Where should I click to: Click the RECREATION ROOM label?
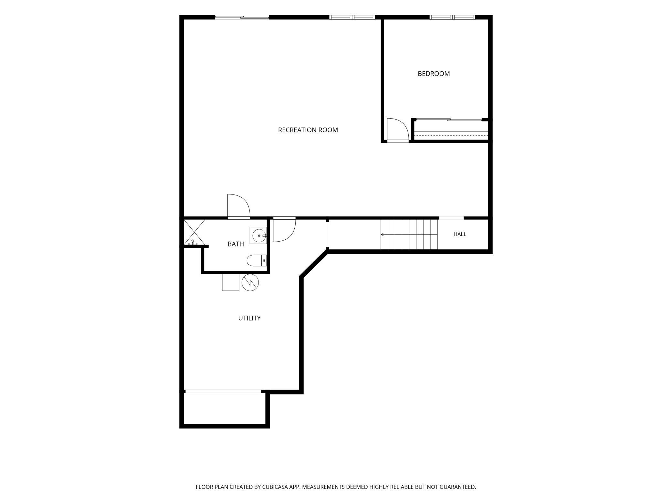pyautogui.click(x=308, y=130)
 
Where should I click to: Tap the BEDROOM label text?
pyautogui.click(x=434, y=74)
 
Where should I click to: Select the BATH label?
pyautogui.click(x=236, y=244)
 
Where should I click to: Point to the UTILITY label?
pyautogui.click(x=249, y=318)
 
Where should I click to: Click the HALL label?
pyautogui.click(x=460, y=234)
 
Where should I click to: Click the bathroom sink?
pyautogui.click(x=258, y=236)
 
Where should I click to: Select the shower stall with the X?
pyautogui.click(x=194, y=232)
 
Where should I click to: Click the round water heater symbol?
pyautogui.click(x=250, y=282)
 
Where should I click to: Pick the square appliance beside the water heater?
pyautogui.click(x=231, y=282)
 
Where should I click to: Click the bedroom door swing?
pyautogui.click(x=398, y=130)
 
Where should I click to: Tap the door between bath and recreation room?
pyautogui.click(x=239, y=206)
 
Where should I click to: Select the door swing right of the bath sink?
pyautogui.click(x=284, y=229)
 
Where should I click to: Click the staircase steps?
pyautogui.click(x=409, y=235)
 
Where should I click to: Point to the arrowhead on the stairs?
pyautogui.click(x=383, y=235)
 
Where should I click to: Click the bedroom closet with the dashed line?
pyautogui.click(x=451, y=131)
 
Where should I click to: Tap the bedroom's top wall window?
pyautogui.click(x=452, y=17)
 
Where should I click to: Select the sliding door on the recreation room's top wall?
pyautogui.click(x=242, y=17)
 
